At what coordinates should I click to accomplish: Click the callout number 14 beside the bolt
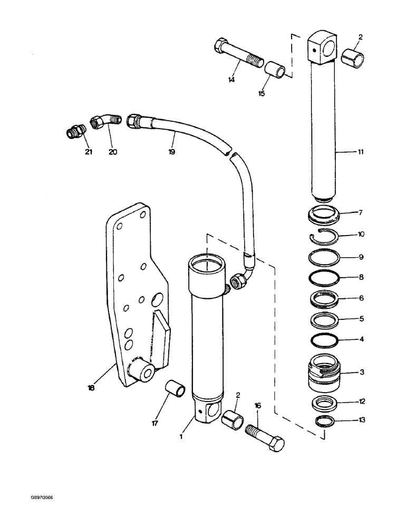pyautogui.click(x=231, y=80)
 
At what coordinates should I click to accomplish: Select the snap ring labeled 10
pyautogui.click(x=323, y=237)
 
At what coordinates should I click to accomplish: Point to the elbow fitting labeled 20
pyautogui.click(x=104, y=124)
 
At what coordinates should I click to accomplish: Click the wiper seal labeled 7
pyautogui.click(x=323, y=214)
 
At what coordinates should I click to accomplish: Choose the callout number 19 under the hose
pyautogui.click(x=172, y=152)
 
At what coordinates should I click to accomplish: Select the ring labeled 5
pyautogui.click(x=323, y=319)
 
